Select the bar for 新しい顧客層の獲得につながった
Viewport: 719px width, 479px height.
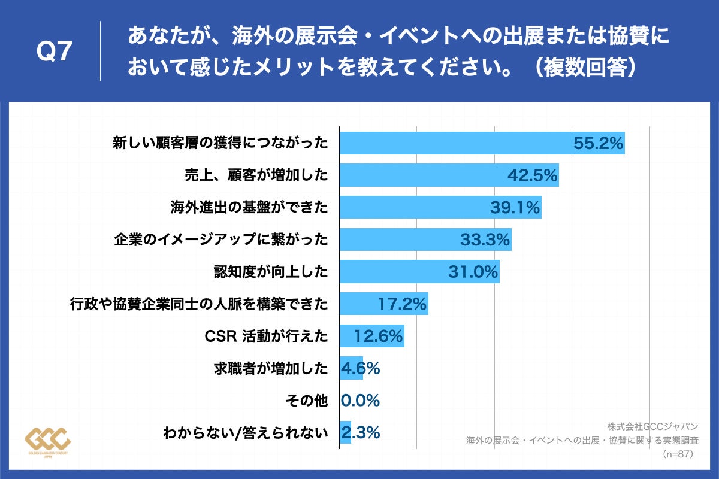[455, 143]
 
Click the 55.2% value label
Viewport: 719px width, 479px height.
[599, 143]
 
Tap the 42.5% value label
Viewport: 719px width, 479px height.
[533, 175]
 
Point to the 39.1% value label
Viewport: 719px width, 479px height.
[515, 208]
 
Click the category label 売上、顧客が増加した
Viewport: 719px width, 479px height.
[256, 175]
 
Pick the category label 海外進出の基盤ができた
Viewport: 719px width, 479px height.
[249, 208]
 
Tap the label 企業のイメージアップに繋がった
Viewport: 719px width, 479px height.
[221, 240]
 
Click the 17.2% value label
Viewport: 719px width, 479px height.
[402, 304]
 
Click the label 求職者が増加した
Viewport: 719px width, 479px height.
[271, 369]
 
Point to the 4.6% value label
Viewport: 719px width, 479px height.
[360, 369]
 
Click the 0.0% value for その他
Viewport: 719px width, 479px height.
[360, 401]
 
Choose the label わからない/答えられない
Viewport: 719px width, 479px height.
[246, 433]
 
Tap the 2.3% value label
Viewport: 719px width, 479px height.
[360, 433]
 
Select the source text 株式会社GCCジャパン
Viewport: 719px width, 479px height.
[652, 426]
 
